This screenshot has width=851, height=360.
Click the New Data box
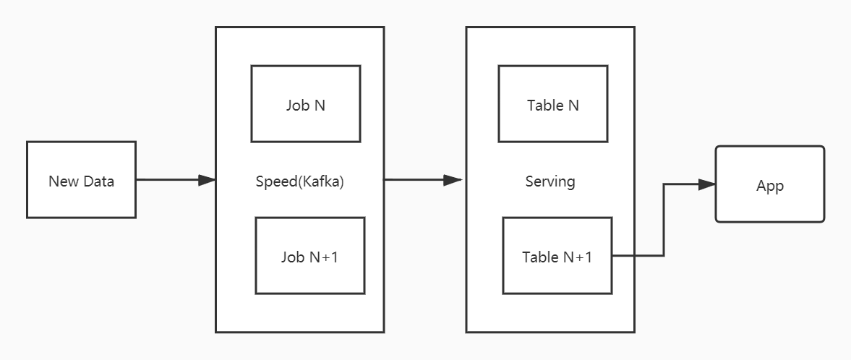[81, 180]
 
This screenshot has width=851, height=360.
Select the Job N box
[305, 104]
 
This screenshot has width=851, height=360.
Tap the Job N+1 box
[309, 256]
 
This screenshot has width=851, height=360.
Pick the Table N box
[552, 104]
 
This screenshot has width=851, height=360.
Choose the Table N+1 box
[557, 256]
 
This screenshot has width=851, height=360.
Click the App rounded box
[769, 184]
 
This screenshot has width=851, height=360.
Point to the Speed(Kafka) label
[299, 181]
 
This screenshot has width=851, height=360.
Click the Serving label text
[549, 181]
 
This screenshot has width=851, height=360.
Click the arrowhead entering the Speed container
[208, 180]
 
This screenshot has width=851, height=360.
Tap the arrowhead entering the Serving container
[454, 180]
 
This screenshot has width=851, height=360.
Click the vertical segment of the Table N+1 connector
[664, 220]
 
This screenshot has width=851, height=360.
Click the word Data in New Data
[98, 181]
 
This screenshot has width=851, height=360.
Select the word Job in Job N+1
[292, 257]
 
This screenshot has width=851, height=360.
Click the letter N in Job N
[318, 105]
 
